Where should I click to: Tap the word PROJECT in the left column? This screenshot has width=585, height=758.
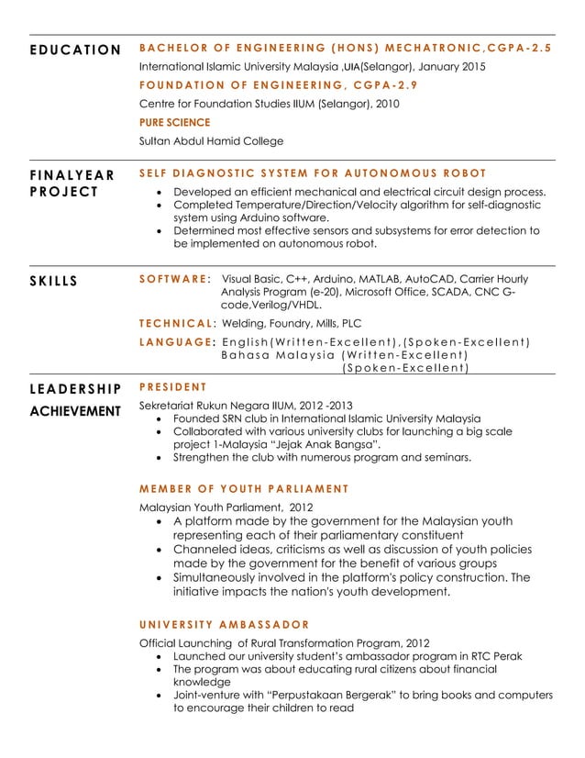click(x=63, y=191)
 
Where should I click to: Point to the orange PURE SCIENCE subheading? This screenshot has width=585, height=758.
click(x=174, y=122)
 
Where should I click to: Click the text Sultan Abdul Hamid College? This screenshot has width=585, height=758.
click(x=211, y=141)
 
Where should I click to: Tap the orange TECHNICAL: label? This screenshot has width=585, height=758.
click(x=178, y=323)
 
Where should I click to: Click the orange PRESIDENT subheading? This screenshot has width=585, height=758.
click(x=172, y=386)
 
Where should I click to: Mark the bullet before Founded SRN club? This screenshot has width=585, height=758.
click(x=161, y=418)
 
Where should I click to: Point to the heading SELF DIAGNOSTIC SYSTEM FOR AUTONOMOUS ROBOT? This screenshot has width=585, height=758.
click(x=312, y=173)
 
